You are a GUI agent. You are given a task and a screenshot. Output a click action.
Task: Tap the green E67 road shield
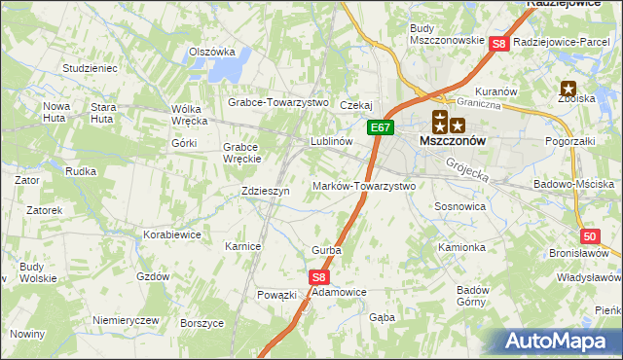pos(381,126)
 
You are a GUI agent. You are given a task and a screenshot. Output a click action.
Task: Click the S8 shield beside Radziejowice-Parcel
pos(498,44)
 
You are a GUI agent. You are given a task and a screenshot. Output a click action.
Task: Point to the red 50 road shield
pos(589,236)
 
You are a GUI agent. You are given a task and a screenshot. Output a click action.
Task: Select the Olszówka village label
pos(212,53)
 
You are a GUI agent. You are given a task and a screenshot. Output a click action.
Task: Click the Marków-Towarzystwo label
pos(364,186)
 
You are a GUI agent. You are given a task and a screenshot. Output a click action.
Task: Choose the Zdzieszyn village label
pos(266,192)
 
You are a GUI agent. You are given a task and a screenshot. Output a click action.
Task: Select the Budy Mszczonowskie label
pos(447,34)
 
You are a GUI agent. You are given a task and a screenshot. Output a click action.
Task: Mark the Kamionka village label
pos(461,247)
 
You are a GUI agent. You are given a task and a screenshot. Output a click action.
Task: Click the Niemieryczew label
pos(125,320)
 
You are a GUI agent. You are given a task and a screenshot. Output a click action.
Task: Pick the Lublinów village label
pos(330,140)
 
